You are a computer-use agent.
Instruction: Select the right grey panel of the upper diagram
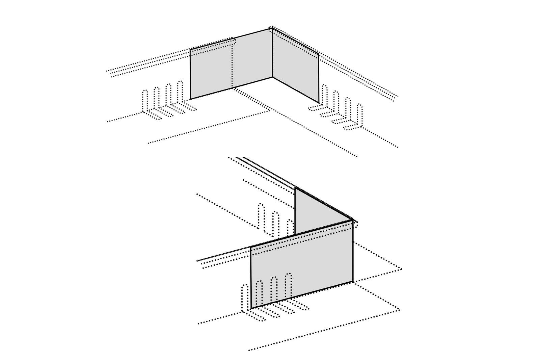[x=295, y=68]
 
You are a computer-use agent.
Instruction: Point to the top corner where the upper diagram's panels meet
[x=272, y=28]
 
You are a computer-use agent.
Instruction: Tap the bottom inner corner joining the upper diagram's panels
[x=272, y=77]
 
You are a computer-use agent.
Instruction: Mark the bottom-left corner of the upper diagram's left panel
[x=191, y=99]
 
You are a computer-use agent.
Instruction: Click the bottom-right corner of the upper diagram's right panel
[x=319, y=102]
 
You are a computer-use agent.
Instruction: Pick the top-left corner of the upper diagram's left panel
[x=190, y=50]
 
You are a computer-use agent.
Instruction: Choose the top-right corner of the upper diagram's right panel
[x=318, y=53]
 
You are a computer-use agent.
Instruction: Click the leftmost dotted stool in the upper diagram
[x=145, y=101]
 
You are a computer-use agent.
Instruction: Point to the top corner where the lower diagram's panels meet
[x=352, y=220]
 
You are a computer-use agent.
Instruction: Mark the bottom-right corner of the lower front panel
[x=353, y=281]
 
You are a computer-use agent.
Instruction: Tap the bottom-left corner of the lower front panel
[x=251, y=308]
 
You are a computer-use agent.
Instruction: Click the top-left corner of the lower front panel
[x=250, y=247]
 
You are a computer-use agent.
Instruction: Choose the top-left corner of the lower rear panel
[x=295, y=186]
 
